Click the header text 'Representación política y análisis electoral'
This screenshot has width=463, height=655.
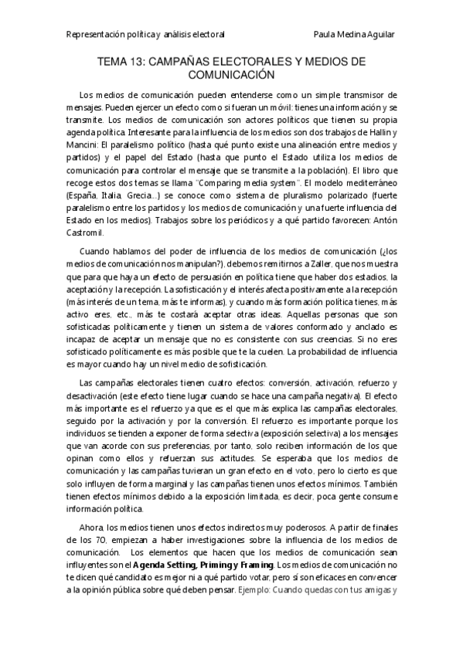pos(145,35)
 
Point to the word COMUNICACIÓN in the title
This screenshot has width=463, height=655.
pos(232,75)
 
